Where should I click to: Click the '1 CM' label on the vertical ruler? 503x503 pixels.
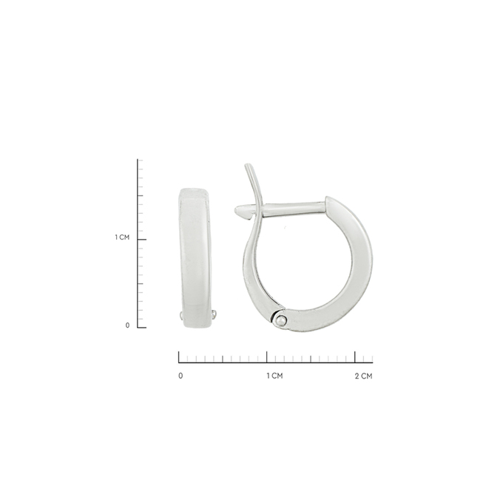(x=122, y=237)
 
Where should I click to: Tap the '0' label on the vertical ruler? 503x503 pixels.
(x=127, y=325)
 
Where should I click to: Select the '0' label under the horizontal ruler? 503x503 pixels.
(x=180, y=376)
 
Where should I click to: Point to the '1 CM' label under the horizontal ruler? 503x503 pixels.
(x=275, y=376)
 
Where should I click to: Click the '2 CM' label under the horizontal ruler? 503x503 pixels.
(x=364, y=376)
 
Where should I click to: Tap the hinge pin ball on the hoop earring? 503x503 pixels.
(x=281, y=320)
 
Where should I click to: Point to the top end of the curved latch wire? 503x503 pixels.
(x=246, y=165)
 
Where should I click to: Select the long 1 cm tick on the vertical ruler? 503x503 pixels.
(x=142, y=240)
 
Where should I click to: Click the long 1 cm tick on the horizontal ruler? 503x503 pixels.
(x=267, y=357)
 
